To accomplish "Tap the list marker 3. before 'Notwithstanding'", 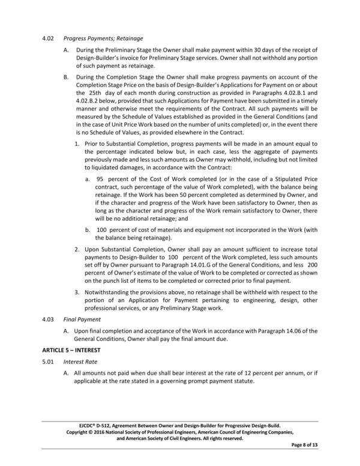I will [77, 292].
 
